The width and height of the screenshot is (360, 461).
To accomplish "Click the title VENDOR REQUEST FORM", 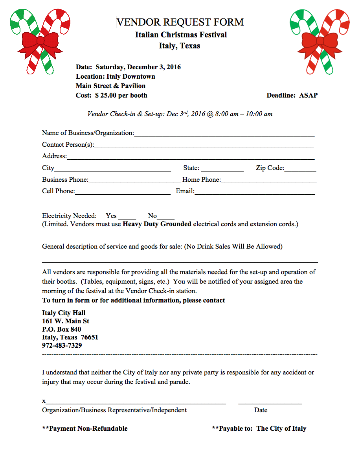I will (180, 22).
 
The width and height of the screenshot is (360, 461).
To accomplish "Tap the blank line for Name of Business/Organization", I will (224, 134).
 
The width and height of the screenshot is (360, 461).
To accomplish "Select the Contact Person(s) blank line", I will (204, 146).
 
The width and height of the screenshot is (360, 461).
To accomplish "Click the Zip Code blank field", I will (300, 169).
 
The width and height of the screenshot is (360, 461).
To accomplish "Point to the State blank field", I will (222, 169).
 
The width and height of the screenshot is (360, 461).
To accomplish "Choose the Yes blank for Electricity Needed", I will (127, 216).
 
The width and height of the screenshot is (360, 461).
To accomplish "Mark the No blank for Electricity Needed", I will (165, 216).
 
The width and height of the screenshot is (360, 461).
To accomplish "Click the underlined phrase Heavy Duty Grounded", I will (157, 224).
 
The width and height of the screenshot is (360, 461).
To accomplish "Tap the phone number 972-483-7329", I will (62, 346).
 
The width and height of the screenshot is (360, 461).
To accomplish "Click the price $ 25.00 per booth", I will (121, 95).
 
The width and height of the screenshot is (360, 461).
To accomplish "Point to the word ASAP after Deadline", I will (309, 95).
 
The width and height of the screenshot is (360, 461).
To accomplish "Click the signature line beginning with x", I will (136, 402).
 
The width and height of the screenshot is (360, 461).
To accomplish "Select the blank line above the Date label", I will (270, 402).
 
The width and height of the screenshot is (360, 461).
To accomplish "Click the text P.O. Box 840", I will (62, 329).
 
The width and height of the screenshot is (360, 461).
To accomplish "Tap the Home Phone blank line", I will (269, 181).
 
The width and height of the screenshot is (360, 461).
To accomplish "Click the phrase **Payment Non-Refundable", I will (85, 428).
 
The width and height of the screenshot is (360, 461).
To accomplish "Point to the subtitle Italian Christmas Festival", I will (181, 35).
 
